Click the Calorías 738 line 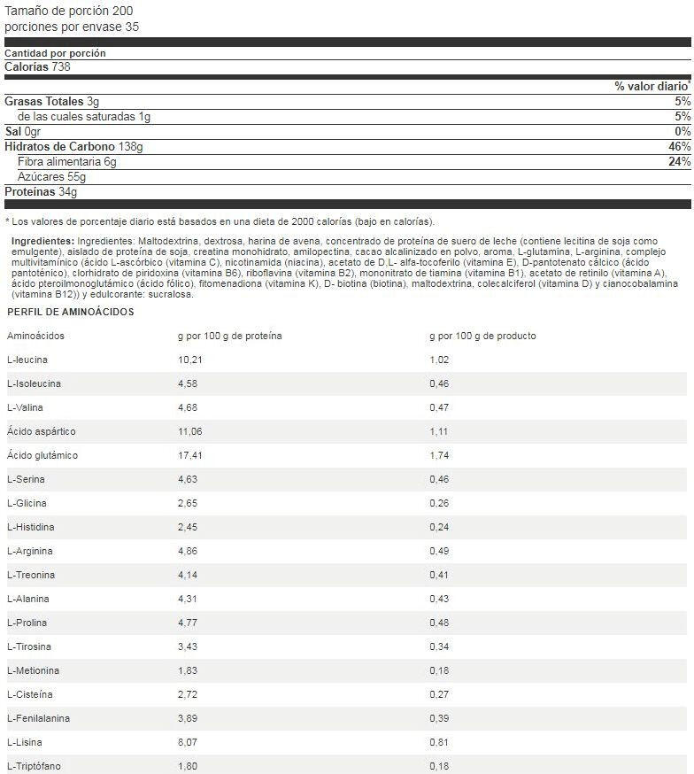(38, 66)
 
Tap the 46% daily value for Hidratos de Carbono (679, 146)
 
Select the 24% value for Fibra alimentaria (679, 161)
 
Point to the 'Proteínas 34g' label (42, 191)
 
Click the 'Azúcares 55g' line (52, 176)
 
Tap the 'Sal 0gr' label (24, 131)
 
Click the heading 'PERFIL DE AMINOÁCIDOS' (71, 312)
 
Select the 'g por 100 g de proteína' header (230, 336)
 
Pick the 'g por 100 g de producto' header (482, 336)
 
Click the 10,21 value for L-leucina (191, 360)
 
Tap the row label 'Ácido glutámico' (42, 455)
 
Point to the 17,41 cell (191, 455)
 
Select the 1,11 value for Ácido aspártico (439, 431)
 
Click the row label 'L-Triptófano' (35, 766)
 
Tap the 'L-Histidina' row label (31, 527)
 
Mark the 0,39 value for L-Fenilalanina (439, 718)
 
